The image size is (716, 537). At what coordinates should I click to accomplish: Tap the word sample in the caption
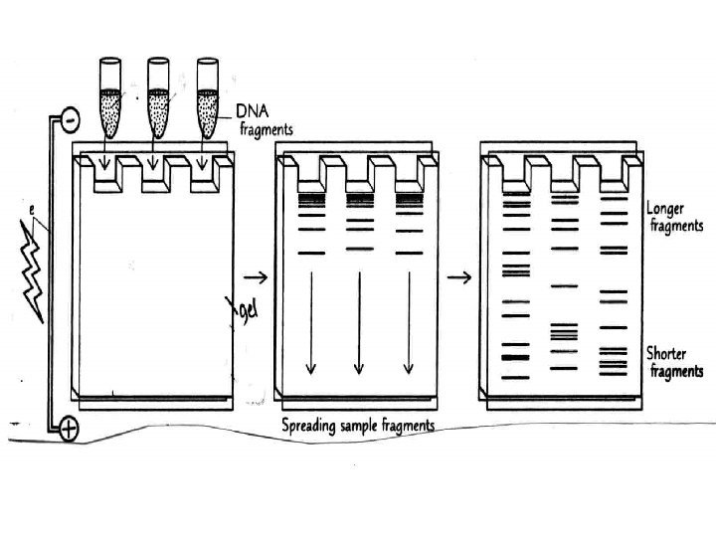(x=378, y=427)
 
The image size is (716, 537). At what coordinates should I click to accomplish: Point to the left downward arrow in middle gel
(x=310, y=322)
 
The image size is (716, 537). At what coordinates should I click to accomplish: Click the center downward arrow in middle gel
(x=359, y=322)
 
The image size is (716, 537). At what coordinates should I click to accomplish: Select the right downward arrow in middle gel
(x=408, y=322)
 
